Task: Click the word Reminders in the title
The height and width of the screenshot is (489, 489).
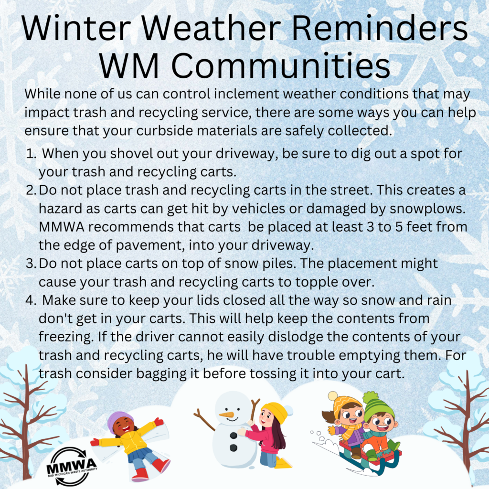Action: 379,28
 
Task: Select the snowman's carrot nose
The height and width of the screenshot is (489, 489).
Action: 227,415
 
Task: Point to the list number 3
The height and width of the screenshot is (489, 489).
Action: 31,264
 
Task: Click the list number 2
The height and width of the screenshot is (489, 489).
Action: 31,190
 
